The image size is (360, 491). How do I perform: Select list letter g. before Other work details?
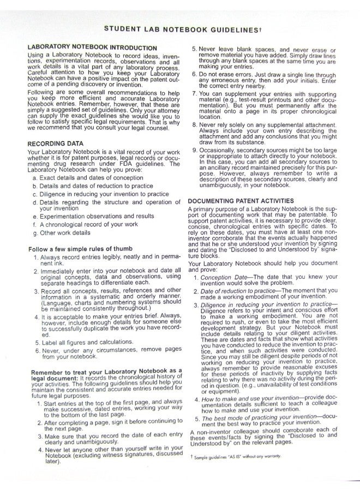[35, 232]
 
